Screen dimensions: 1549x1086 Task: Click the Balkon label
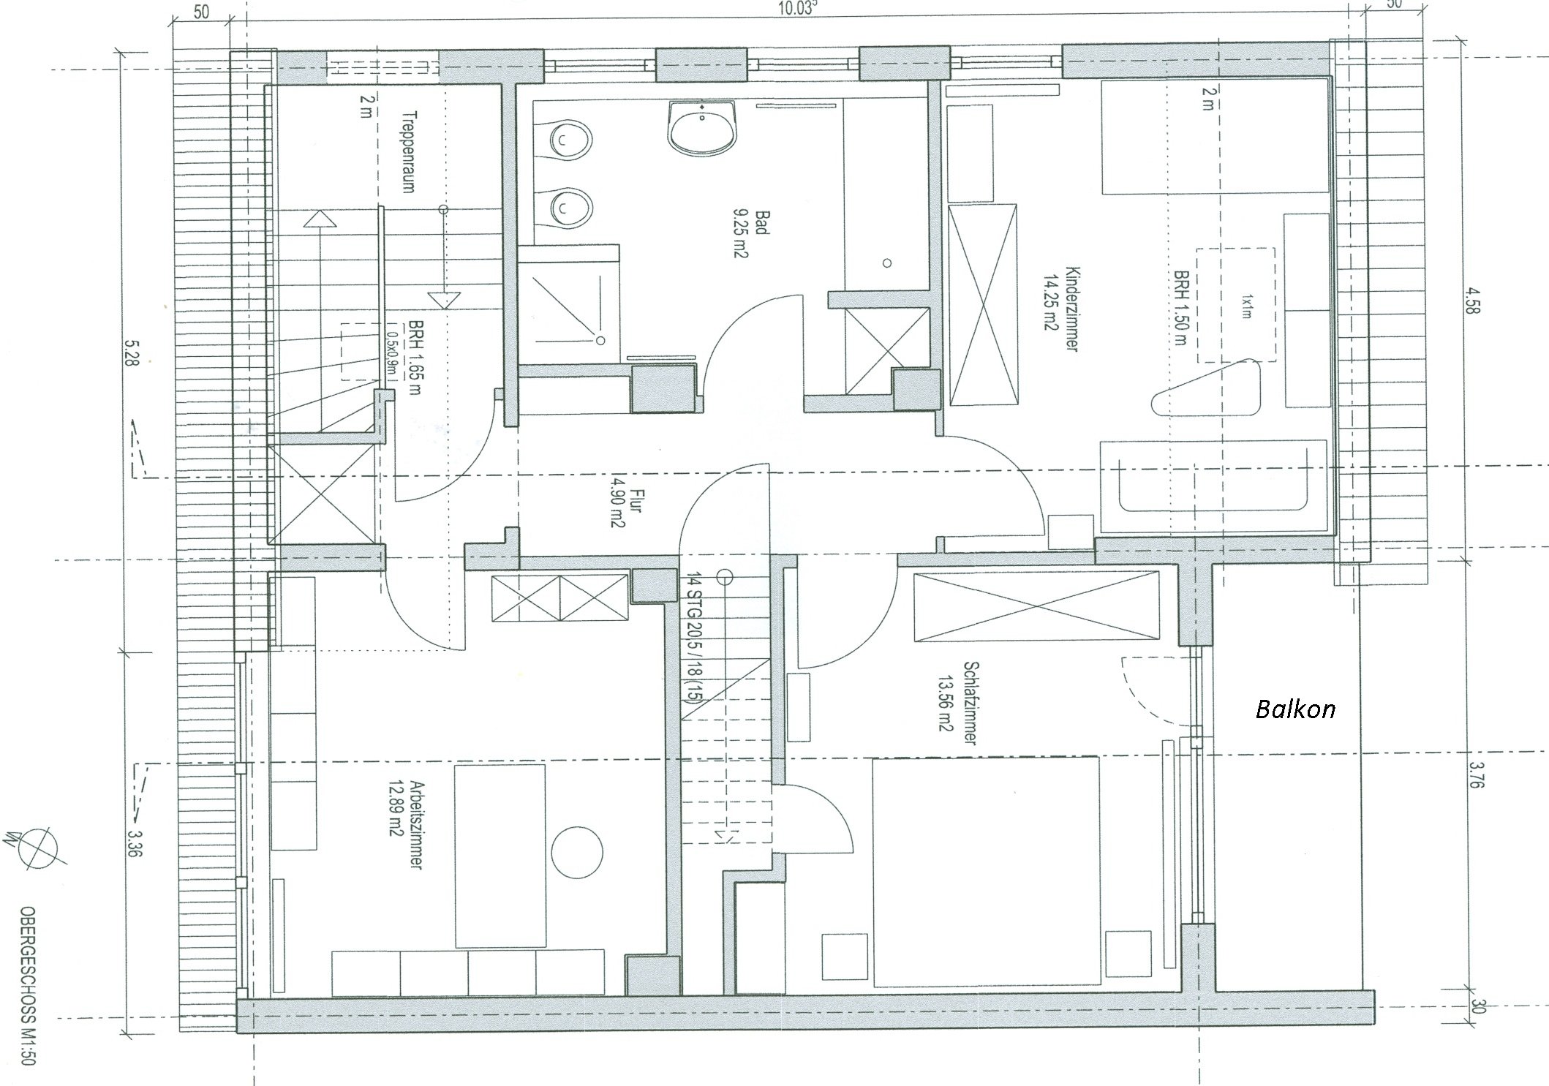[x=1295, y=709]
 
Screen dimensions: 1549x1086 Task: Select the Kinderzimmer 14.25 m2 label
[x=1062, y=309]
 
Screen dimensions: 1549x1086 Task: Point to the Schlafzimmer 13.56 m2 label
[x=959, y=703]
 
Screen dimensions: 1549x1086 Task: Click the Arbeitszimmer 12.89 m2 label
[x=408, y=826]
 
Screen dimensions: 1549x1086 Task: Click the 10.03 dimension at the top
[x=796, y=8]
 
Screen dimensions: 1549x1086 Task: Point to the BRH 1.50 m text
[x=1180, y=309]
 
